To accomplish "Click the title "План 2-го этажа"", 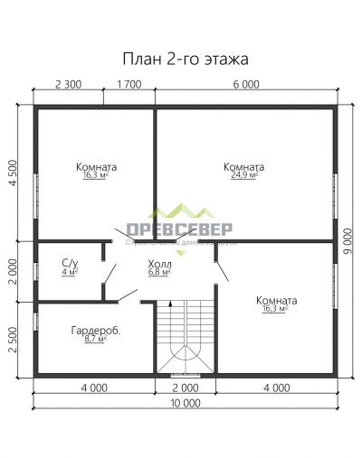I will click(x=185, y=59).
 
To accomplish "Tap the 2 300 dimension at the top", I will click(x=69, y=84).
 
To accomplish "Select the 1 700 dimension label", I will click(x=129, y=84).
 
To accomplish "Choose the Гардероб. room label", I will click(x=96, y=331).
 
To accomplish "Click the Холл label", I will click(x=157, y=263).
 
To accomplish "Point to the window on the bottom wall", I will click(x=185, y=374).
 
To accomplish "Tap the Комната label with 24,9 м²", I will click(x=243, y=167).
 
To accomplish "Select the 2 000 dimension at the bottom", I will click(x=185, y=388).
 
